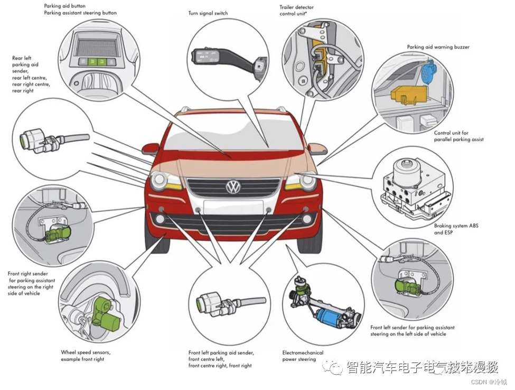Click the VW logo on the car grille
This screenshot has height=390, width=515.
point(233,187)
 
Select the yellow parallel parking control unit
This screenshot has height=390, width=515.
point(407,94)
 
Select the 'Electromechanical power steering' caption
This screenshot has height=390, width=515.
point(303,356)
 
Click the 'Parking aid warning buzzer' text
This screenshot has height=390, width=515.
point(438,47)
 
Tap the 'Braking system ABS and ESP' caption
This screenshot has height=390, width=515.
point(451,229)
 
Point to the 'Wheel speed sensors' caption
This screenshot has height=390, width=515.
point(86,356)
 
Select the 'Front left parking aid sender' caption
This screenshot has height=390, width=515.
point(221,359)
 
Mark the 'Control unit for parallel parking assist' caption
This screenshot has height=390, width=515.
point(458,136)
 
